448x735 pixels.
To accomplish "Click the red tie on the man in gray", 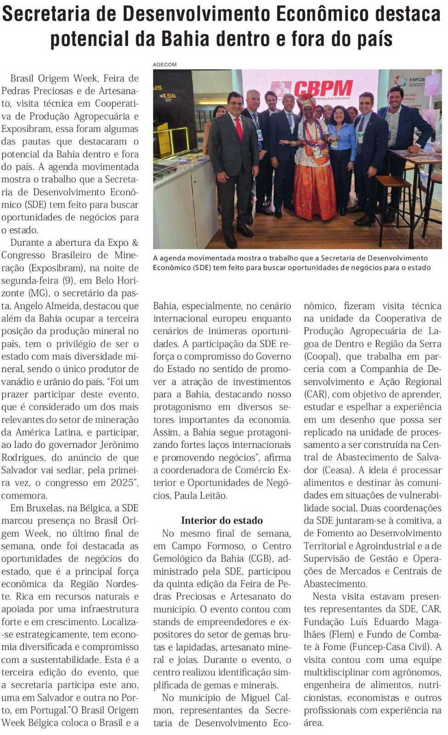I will point(239,128).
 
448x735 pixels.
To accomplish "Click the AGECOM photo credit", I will point(165,65).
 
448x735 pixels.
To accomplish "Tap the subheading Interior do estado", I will point(222,520).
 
